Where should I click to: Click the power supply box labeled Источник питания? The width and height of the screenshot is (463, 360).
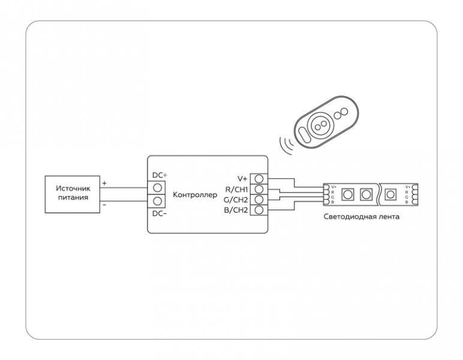(x=73, y=194)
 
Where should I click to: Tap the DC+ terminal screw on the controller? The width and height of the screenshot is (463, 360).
(x=158, y=188)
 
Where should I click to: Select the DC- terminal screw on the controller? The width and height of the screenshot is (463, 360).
(x=158, y=201)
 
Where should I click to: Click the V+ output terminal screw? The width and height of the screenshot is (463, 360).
(x=259, y=179)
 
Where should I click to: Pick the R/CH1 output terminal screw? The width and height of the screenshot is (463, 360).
(x=259, y=189)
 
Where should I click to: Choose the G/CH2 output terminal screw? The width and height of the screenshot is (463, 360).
(x=259, y=199)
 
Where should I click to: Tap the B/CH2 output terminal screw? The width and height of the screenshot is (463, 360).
(x=259, y=209)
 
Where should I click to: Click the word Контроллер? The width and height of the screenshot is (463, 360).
(x=195, y=195)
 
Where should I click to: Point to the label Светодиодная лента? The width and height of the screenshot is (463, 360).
(x=362, y=217)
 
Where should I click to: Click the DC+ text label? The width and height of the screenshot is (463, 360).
(x=160, y=175)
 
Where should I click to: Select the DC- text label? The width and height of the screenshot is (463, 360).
(x=160, y=214)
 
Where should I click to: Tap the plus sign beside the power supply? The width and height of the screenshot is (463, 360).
(x=104, y=183)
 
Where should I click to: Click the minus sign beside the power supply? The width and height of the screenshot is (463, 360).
(x=104, y=204)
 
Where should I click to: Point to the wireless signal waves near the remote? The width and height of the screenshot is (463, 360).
(x=286, y=145)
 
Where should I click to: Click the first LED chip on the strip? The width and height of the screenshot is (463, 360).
(x=347, y=194)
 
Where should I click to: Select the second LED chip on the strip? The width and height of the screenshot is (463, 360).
(x=366, y=194)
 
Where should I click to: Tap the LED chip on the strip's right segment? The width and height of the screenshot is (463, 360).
(x=390, y=194)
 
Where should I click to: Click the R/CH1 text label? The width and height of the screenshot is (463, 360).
(x=236, y=190)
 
